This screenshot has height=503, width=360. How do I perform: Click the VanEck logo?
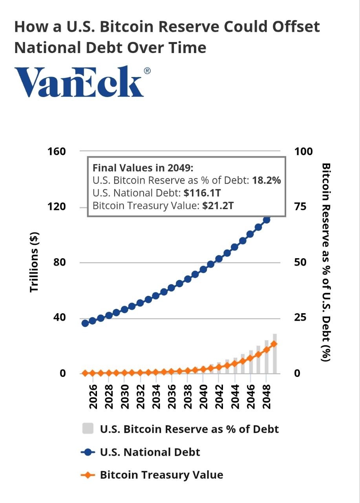pyautogui.click(x=80, y=82)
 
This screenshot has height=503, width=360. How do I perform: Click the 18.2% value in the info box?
pyautogui.click(x=267, y=180)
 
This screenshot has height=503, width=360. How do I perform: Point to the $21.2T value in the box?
pyautogui.click(x=218, y=206)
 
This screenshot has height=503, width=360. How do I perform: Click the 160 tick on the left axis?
pyautogui.click(x=57, y=151)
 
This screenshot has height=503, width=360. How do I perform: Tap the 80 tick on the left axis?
pyautogui.click(x=59, y=262)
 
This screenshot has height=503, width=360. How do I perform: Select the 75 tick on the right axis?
pyautogui.click(x=302, y=207)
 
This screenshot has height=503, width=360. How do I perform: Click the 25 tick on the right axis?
pyautogui.click(x=302, y=318)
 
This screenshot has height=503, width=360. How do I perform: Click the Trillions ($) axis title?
pyautogui.click(x=35, y=262)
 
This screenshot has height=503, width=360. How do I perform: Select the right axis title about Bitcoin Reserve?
pyautogui.click(x=325, y=262)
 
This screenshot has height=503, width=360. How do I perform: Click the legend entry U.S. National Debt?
pyautogui.click(x=150, y=452)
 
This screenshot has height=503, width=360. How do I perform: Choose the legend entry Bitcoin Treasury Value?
pyautogui.click(x=161, y=475)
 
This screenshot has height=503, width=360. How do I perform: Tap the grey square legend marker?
pyautogui.click(x=88, y=429)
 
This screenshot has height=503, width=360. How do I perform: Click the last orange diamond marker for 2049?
pyautogui.click(x=274, y=344)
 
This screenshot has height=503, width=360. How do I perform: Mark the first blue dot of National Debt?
pyautogui.click(x=85, y=323)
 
